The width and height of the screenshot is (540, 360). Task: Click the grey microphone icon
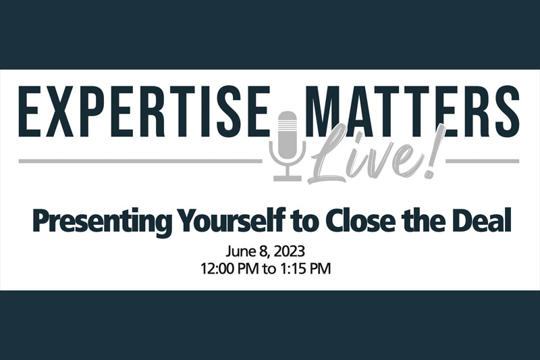click(287, 146)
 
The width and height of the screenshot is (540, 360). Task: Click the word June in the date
click(240, 251)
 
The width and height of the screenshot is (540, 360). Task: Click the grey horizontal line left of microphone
click(140, 161)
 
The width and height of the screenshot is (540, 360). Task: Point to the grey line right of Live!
click(483, 161)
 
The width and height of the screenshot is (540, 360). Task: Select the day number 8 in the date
click(265, 251)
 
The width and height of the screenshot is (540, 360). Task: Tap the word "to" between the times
click(269, 269)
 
